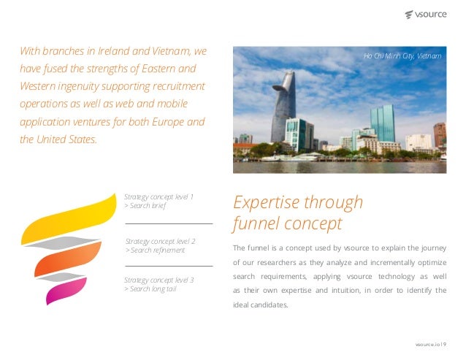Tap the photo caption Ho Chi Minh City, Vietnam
click(x=402, y=55)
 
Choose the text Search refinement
click(x=158, y=250)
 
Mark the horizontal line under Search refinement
click(x=169, y=266)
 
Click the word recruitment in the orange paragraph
click(x=175, y=86)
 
